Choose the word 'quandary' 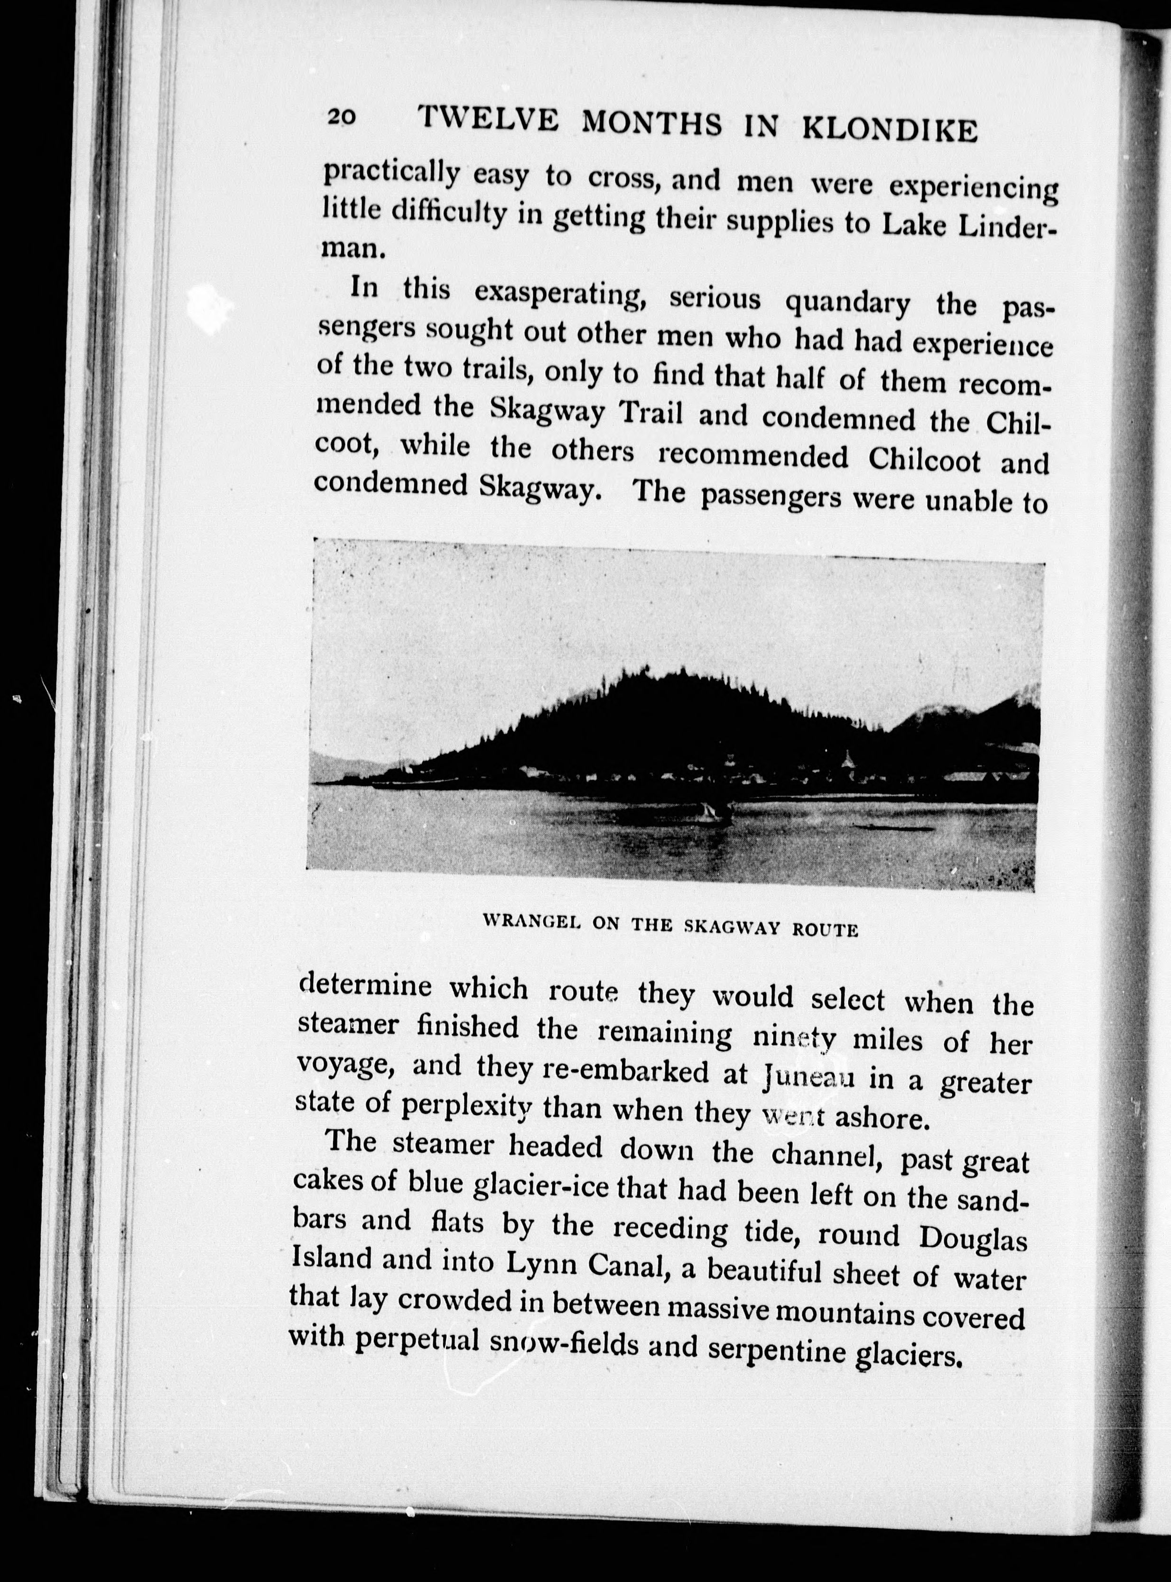pos(848,303)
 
